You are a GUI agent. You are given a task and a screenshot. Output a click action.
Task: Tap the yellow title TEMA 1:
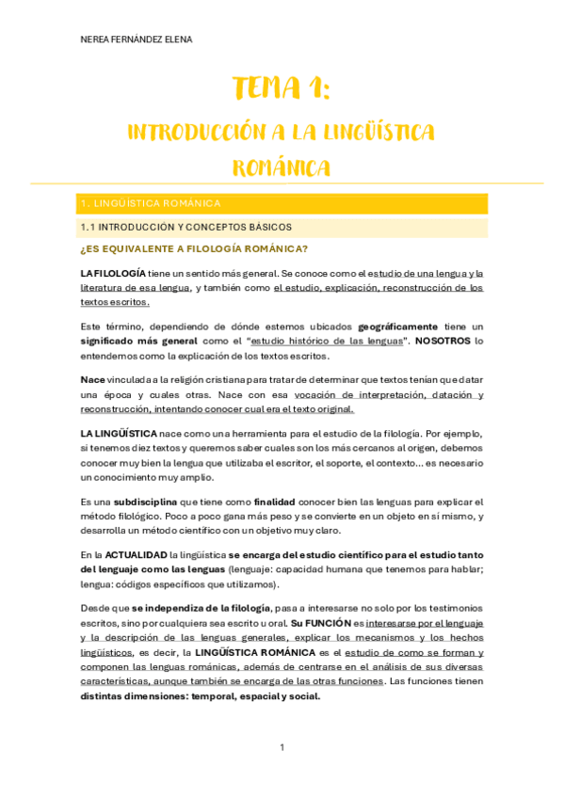click(x=282, y=90)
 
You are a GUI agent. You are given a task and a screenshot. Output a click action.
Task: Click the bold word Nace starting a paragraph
click(x=93, y=379)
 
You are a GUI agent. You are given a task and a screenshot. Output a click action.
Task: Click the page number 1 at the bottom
click(x=282, y=748)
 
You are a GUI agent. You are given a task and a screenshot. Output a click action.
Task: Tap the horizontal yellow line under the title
click(x=282, y=183)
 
